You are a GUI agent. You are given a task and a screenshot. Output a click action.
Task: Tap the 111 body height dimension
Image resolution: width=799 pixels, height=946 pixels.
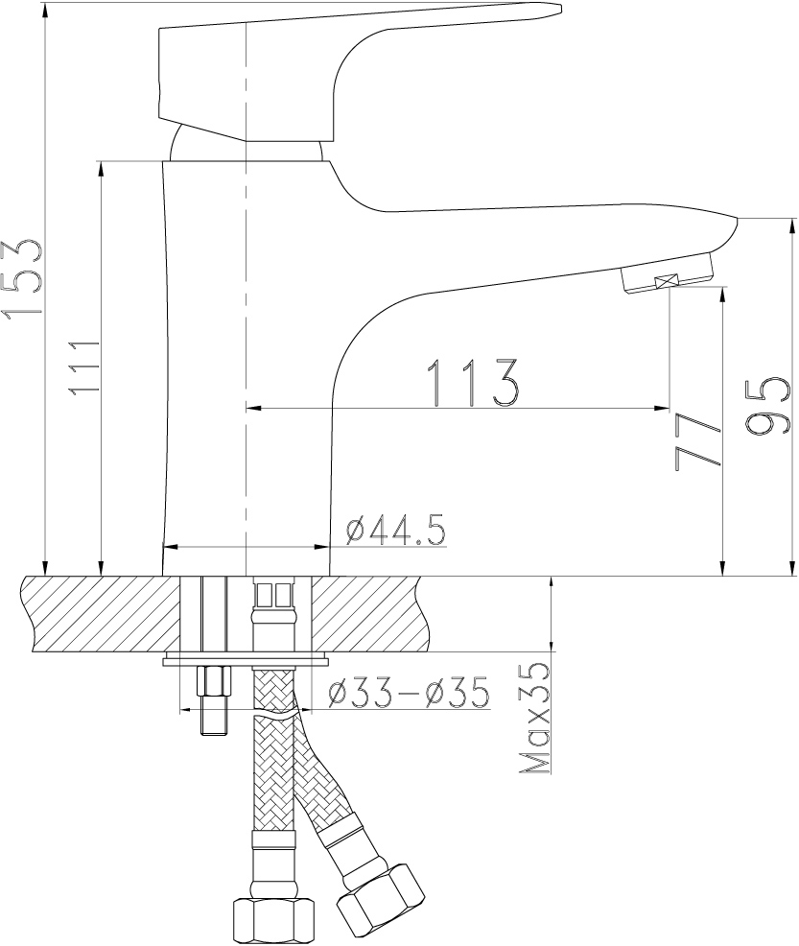tap(83, 367)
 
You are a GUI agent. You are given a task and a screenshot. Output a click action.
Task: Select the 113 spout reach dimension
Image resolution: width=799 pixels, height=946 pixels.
tap(473, 383)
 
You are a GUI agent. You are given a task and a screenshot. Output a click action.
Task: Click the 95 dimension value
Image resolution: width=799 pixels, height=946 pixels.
tap(766, 407)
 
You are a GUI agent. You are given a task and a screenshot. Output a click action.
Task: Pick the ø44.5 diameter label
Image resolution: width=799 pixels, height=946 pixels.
tap(395, 531)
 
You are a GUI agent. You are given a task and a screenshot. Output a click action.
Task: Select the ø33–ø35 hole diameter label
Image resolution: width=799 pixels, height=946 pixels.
tap(409, 693)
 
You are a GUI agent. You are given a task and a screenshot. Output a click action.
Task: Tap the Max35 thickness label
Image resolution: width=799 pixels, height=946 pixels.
tap(535, 718)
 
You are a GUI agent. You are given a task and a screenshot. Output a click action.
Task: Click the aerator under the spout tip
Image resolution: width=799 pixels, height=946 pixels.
tap(667, 275)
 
